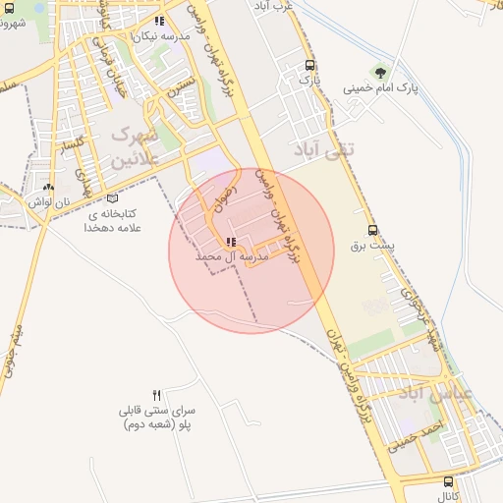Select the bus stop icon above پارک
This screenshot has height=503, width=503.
tap(310, 65)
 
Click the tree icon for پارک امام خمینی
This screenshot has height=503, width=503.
tap(380, 73)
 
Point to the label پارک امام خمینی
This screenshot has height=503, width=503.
tap(380, 88)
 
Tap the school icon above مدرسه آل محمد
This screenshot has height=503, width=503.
tap(231, 242)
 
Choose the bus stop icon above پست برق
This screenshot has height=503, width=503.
tap(371, 229)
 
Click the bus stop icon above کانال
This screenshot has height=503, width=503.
tap(448, 482)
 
